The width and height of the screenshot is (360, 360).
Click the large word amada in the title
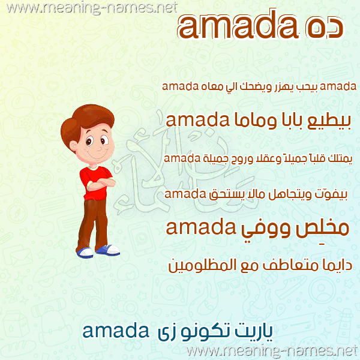239,25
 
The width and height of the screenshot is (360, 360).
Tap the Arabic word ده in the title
325,28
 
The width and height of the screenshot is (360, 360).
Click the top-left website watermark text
92,8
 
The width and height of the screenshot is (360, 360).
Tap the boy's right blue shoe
108,250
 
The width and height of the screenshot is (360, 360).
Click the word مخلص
322,229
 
